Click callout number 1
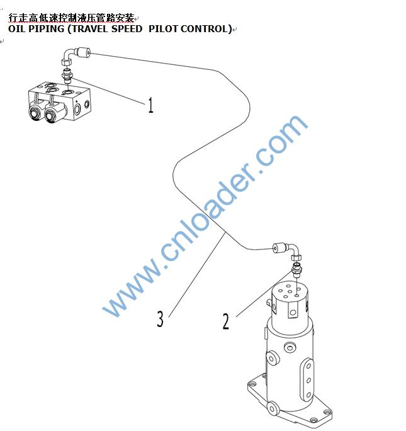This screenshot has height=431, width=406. (x=150, y=105)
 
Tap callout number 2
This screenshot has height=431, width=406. (x=225, y=321)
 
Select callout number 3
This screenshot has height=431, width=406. (x=160, y=319)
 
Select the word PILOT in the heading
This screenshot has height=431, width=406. (x=163, y=29)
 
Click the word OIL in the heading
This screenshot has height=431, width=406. (x=17, y=29)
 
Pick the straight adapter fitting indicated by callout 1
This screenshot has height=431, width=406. (x=67, y=76)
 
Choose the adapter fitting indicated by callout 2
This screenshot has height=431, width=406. (x=297, y=270)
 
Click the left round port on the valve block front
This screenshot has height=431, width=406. (x=35, y=113)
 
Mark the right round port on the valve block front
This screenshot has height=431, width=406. (x=51, y=115)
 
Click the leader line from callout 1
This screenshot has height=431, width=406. (x=108, y=91)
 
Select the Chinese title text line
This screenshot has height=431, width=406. (x=71, y=18)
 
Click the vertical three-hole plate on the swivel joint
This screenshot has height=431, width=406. (x=308, y=381)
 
